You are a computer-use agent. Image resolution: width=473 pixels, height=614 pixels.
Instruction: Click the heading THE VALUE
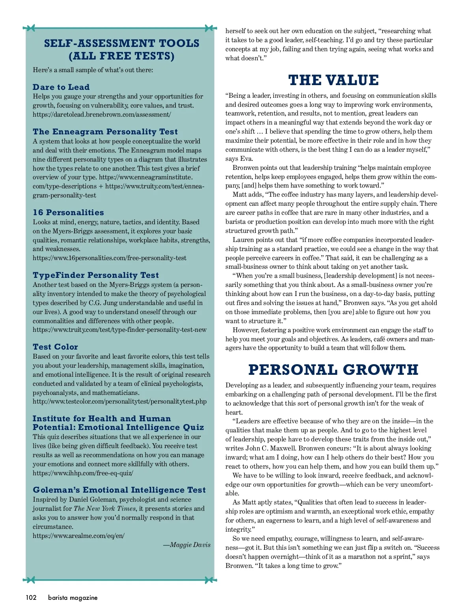tap(333, 80)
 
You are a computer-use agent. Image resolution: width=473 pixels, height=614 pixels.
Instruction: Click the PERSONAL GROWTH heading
tap(333, 370)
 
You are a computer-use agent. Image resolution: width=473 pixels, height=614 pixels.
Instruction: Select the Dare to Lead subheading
tap(61, 87)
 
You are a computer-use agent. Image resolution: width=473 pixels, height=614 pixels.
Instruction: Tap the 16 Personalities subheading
tap(68, 212)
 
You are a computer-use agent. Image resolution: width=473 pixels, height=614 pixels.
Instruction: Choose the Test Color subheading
tap(55, 347)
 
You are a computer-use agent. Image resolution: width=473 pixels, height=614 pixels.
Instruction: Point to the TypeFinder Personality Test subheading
tap(96, 275)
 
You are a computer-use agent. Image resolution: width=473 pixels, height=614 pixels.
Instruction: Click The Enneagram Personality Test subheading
tap(105, 132)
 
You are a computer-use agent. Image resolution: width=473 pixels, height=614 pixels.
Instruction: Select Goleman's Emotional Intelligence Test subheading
tap(119, 490)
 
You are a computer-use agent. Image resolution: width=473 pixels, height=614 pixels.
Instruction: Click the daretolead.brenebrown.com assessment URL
tap(102, 115)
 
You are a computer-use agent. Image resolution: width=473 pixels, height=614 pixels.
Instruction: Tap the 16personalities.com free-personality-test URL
tap(110, 258)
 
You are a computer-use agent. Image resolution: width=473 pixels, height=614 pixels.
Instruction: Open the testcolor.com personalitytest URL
tap(119, 402)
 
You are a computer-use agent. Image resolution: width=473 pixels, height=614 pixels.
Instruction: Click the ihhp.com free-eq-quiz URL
tap(83, 473)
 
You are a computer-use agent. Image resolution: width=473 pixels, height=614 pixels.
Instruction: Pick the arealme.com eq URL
tap(78, 536)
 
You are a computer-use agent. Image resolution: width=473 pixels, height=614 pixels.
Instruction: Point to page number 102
tap(31, 597)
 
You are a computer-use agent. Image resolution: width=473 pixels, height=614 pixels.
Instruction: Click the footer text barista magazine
tap(73, 597)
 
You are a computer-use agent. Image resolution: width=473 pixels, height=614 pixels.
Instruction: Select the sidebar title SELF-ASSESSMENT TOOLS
tap(121, 43)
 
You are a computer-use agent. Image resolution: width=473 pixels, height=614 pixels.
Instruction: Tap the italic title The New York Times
tap(104, 509)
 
